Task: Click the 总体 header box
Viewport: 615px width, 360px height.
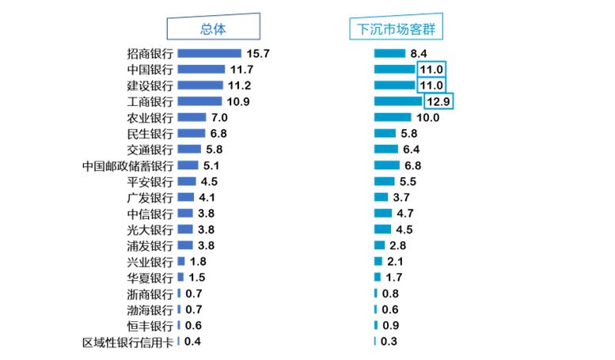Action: click(213, 28)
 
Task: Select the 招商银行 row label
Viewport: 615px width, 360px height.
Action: click(150, 54)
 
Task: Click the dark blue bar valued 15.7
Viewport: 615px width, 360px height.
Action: click(209, 54)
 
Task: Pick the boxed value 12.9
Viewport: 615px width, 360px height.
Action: click(441, 101)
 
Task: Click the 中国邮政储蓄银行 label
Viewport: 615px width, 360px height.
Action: click(127, 165)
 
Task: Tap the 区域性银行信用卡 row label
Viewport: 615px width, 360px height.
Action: click(127, 342)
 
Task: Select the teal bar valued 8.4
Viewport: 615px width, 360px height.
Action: click(389, 54)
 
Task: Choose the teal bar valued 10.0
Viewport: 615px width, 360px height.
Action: click(393, 117)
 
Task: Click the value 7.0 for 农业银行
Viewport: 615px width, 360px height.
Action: click(222, 117)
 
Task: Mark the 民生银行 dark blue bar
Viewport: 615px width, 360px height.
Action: click(192, 133)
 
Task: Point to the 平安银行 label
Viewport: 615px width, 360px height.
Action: click(150, 181)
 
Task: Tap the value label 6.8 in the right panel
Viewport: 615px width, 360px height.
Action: click(412, 165)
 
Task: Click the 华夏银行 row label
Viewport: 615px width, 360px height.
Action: click(150, 277)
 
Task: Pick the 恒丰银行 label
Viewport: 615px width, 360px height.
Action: click(150, 325)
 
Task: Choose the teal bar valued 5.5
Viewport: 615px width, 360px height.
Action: click(384, 181)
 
